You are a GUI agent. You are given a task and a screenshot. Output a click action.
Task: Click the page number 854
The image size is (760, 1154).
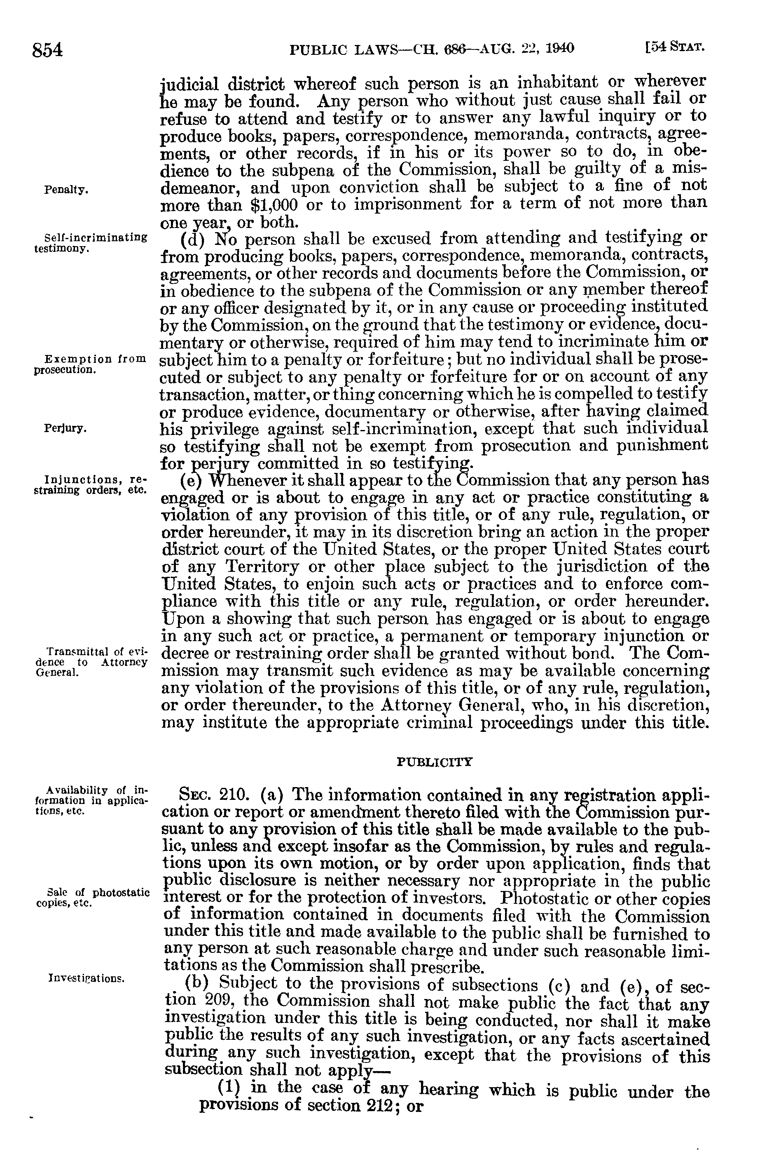tap(47, 50)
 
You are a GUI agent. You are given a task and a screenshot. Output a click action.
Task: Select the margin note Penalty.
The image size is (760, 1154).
tap(66, 190)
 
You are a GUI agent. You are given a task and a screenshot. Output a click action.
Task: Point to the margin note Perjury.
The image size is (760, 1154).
tap(65, 429)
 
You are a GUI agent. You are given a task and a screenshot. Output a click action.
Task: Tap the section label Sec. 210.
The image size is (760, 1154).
tap(208, 796)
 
